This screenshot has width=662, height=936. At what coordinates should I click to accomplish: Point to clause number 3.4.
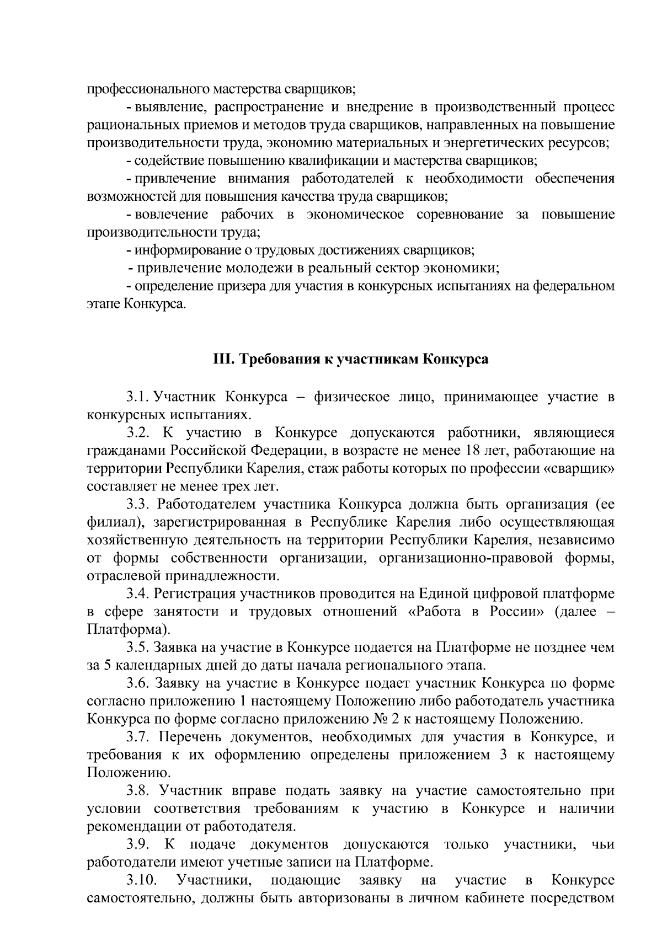tap(138, 593)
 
